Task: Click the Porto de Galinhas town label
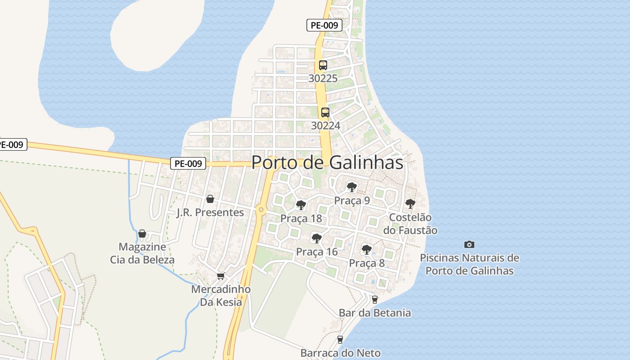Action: coord(327,162)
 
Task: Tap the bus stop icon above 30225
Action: coord(323,65)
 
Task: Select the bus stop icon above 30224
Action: coord(325,112)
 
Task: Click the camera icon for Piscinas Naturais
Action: coord(469,244)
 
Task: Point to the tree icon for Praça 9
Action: coord(351,187)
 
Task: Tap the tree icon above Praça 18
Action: coord(301,205)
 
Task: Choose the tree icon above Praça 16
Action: coord(316,238)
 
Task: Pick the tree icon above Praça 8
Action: coord(366,249)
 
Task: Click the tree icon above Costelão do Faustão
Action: coord(410,203)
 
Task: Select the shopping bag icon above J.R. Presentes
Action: coord(210,199)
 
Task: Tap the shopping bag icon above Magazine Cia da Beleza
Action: coord(142,234)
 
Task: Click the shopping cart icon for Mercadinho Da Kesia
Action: coord(220,276)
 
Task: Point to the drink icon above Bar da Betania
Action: coord(374,299)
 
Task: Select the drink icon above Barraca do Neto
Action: coord(340,339)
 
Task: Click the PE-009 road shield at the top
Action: coord(324,25)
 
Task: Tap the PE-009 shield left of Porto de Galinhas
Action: coord(188,163)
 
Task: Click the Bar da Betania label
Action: coord(374,313)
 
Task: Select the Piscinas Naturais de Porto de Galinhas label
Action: coord(469,265)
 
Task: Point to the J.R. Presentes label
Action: coord(210,212)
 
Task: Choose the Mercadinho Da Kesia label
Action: coord(221,296)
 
